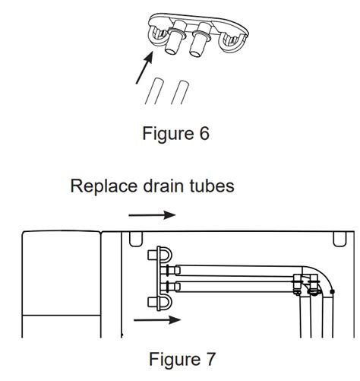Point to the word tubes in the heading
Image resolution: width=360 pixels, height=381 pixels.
coord(211,186)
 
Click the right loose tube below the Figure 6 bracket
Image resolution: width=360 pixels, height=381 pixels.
coord(180,93)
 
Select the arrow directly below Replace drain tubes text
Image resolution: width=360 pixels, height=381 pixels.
coord(152,215)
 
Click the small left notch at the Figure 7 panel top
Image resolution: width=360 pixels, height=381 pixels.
coord(135,239)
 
